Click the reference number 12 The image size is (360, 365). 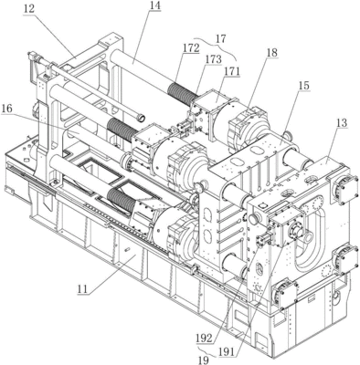click(29, 9)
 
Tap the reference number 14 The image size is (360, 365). click(154, 6)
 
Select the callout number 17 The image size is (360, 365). click(221, 39)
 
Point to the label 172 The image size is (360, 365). click(191, 47)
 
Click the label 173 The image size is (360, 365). click(214, 59)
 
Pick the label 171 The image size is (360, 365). click(232, 71)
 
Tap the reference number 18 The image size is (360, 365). click(272, 53)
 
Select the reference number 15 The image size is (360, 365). click(303, 86)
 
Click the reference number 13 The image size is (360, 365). click(342, 123)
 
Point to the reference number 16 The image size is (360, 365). click(6, 109)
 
